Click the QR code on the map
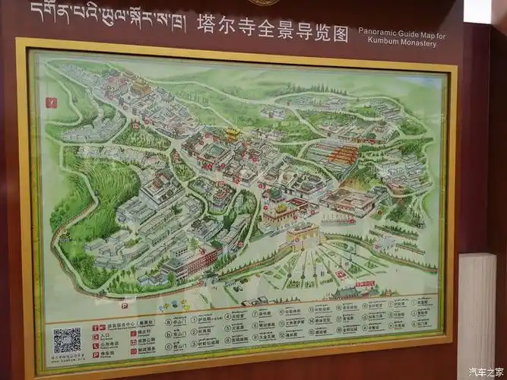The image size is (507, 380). coord(67,340)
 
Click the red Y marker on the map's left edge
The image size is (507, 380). coord(51,101)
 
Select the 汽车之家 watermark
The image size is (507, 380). coord(484,371)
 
